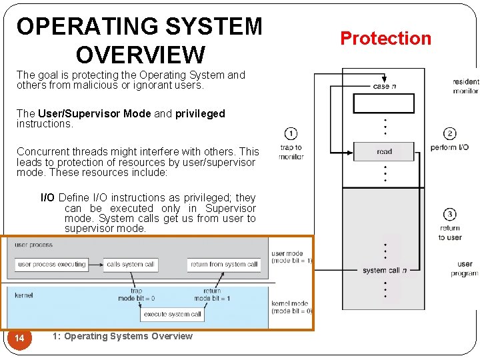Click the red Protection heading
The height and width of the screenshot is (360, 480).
pyautogui.click(x=386, y=39)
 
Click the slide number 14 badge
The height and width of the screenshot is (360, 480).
pyautogui.click(x=20, y=339)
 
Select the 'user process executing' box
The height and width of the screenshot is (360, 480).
pyautogui.click(x=52, y=265)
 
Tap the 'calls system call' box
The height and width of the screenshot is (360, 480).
pyautogui.click(x=131, y=265)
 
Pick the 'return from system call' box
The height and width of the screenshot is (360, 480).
pyautogui.click(x=224, y=265)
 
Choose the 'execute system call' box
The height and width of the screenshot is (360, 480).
pyautogui.click(x=173, y=314)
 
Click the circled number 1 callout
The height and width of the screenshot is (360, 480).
pyautogui.click(x=291, y=133)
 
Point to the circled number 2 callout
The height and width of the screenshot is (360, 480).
pyautogui.click(x=449, y=133)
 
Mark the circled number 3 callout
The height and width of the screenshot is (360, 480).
pyautogui.click(x=449, y=214)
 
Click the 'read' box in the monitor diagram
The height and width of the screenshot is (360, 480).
pyautogui.click(x=384, y=151)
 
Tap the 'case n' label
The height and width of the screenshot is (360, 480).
pyautogui.click(x=385, y=86)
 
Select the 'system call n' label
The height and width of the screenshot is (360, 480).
pyautogui.click(x=385, y=270)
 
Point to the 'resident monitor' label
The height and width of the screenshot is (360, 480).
pyautogui.click(x=465, y=86)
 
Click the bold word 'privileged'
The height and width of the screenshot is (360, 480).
pyautogui.click(x=200, y=114)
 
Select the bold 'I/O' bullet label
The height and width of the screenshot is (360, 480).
pyautogui.click(x=48, y=198)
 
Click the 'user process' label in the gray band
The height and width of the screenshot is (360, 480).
pyautogui.click(x=33, y=245)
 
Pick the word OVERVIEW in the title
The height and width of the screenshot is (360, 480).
pyautogui.click(x=140, y=53)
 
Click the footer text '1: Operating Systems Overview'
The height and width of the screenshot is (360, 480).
pyautogui.click(x=121, y=336)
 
